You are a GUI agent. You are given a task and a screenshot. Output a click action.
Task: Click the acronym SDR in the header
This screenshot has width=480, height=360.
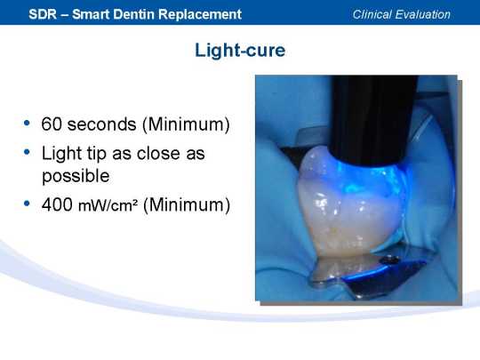click(43, 14)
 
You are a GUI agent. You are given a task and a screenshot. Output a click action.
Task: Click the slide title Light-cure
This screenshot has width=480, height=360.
click(240, 50)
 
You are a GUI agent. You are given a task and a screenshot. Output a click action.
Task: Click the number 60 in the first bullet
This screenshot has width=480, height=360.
click(52, 124)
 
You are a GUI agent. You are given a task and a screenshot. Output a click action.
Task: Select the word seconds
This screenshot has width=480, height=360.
click(102, 124)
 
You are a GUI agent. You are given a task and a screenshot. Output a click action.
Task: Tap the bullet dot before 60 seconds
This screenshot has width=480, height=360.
click(27, 123)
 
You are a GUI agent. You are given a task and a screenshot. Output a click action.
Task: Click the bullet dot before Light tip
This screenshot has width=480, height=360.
click(27, 151)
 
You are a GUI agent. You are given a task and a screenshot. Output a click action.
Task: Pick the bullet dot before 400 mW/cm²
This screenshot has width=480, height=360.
click(27, 204)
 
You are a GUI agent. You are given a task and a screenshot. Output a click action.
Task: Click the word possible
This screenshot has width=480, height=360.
click(76, 177)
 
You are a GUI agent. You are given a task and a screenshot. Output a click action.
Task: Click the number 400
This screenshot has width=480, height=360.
click(57, 204)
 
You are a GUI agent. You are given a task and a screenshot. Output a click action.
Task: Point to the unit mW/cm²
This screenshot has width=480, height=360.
click(108, 205)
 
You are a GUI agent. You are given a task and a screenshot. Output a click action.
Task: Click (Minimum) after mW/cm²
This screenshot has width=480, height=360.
click(187, 204)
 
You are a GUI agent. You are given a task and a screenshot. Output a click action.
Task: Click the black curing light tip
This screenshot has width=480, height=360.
click(373, 119)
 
